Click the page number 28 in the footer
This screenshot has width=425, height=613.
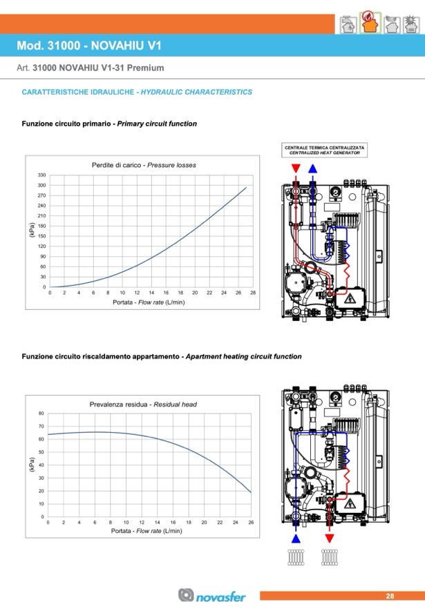(x=390, y=596)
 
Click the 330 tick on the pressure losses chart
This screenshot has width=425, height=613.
(x=41, y=175)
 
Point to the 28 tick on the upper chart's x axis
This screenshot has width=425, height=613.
(x=253, y=293)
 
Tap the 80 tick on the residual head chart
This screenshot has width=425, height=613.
(x=41, y=413)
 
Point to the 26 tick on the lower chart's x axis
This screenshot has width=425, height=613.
(x=251, y=523)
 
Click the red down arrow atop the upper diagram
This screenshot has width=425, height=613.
(x=296, y=168)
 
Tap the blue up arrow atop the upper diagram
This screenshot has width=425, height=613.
(x=313, y=168)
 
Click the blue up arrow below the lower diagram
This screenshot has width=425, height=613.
(x=296, y=538)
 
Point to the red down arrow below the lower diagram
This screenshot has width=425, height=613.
(x=329, y=538)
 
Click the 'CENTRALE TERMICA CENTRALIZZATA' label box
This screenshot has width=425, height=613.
(x=324, y=150)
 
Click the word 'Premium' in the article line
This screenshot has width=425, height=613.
(x=148, y=68)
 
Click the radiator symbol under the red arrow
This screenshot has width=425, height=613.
(x=329, y=557)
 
